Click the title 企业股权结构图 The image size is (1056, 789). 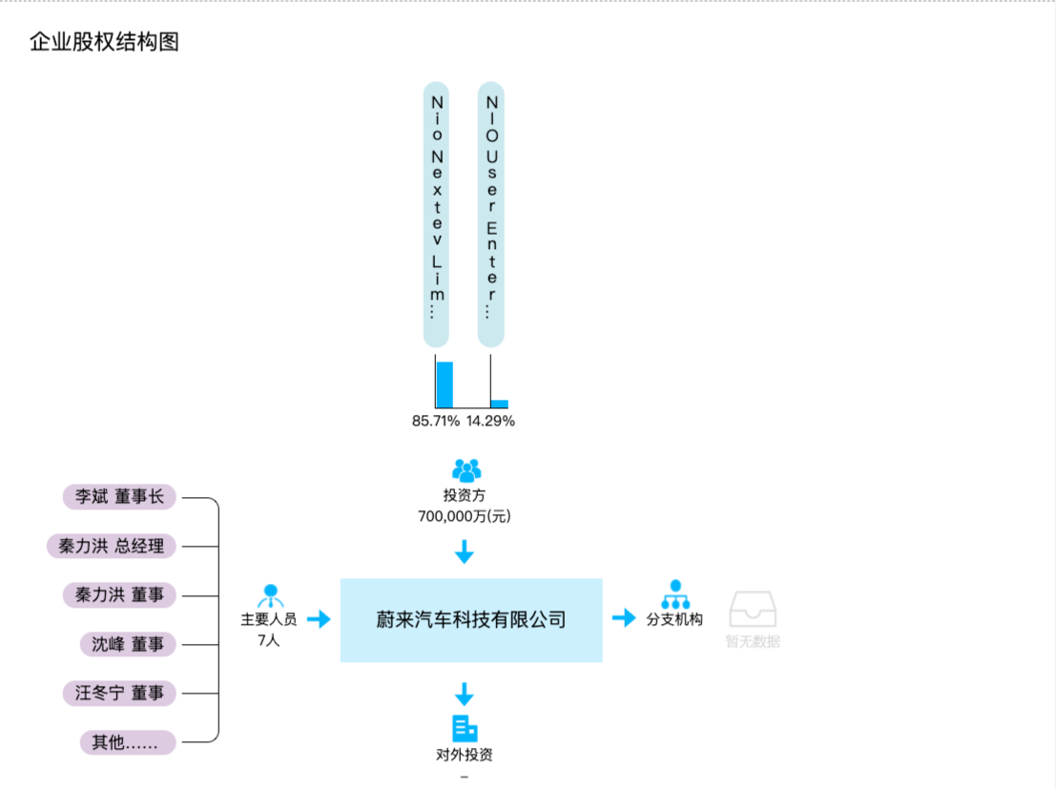105,42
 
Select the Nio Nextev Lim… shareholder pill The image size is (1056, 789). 436,213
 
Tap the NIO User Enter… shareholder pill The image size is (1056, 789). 490,213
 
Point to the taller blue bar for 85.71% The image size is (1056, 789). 445,384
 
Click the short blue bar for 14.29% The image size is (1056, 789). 499,404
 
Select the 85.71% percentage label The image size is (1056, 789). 436,421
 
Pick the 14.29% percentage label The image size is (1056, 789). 490,421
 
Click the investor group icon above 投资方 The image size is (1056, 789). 466,470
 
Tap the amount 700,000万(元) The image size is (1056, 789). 464,516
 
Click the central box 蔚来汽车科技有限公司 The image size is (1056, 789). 471,620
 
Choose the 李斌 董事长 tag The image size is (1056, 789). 120,496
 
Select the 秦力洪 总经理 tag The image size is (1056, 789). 112,546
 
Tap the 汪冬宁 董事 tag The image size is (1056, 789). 120,693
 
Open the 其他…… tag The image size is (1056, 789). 128,742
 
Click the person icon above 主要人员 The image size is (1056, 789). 270,595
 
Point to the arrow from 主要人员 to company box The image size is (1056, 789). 319,619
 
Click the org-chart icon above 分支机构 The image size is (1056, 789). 675,594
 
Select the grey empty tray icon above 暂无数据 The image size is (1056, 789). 753,608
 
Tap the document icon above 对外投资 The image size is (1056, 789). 465,728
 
